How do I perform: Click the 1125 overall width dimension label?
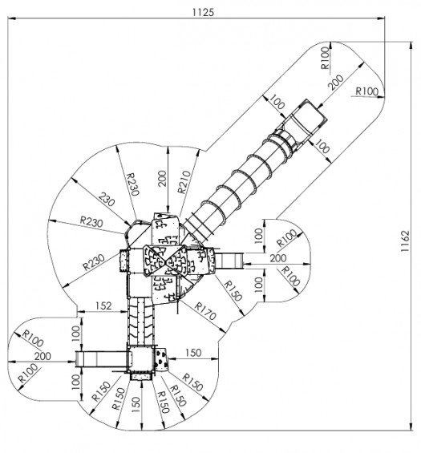tap(203, 12)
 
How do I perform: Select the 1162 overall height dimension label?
tap(405, 241)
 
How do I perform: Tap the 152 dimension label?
tap(103, 305)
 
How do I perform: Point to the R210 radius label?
tap(184, 182)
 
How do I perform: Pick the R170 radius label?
tap(205, 311)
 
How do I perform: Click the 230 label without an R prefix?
tap(107, 200)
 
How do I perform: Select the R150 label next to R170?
tap(233, 290)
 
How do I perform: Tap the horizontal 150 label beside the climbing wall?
tap(193, 353)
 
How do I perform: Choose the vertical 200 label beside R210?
tap(163, 178)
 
